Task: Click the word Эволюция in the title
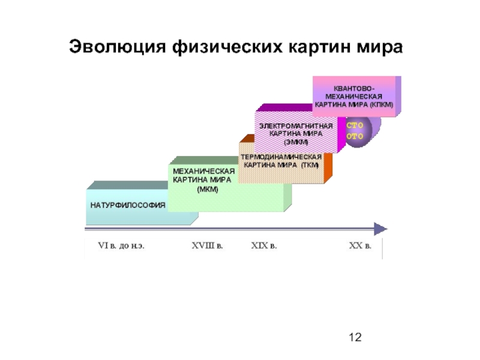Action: click(118, 47)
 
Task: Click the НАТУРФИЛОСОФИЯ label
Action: click(128, 205)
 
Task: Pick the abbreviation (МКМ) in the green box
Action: click(208, 190)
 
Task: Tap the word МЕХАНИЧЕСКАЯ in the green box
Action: click(204, 171)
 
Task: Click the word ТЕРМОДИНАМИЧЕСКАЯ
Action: click(281, 157)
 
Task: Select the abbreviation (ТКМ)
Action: click(310, 166)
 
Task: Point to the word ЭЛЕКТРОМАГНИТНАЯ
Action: click(296, 126)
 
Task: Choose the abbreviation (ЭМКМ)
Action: click(296, 142)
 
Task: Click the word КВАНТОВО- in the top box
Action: click(354, 88)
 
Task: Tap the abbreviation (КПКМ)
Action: click(381, 104)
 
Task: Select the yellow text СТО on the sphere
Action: click(355, 125)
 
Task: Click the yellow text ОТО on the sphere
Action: click(355, 136)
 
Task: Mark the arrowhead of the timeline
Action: click(380, 229)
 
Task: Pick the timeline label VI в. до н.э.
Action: click(121, 245)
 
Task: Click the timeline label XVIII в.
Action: click(207, 245)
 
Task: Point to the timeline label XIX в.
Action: click(264, 245)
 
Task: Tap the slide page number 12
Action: click(355, 337)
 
